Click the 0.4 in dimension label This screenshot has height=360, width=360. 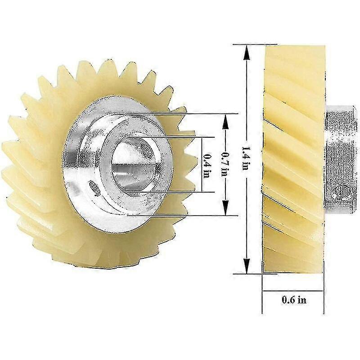coord(207,165)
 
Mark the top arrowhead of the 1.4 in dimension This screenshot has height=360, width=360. coord(246,50)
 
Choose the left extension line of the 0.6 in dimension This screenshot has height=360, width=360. coord(262,292)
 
